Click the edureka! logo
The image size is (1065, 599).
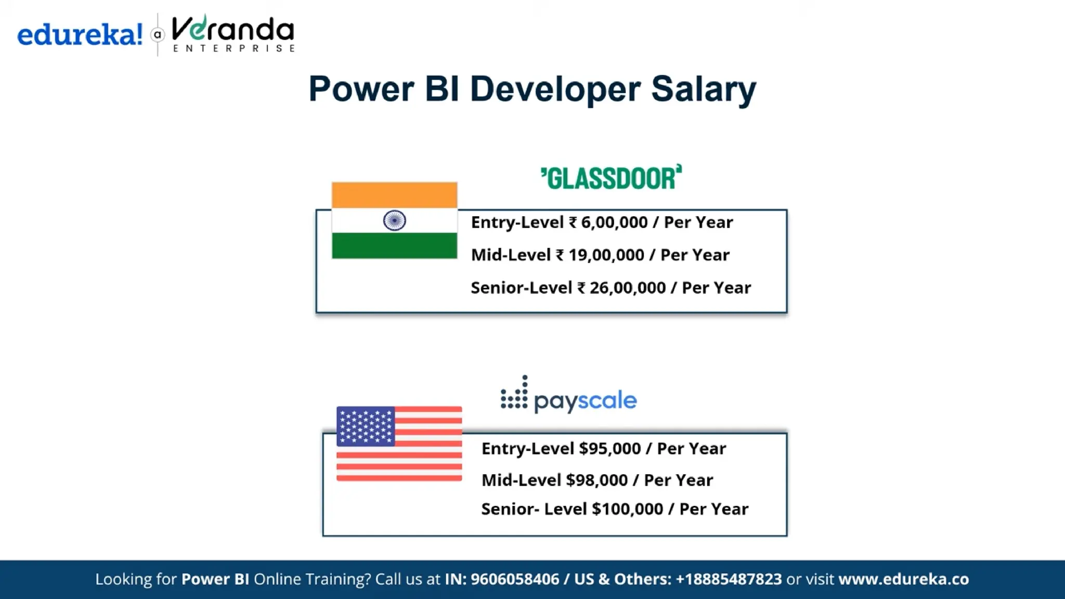[x=80, y=35]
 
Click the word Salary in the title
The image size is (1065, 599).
[x=704, y=89]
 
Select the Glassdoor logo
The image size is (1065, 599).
[x=611, y=178]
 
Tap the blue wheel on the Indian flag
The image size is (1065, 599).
[x=395, y=220]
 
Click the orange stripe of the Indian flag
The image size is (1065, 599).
[x=395, y=195]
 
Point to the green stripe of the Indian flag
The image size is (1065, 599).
[x=395, y=245]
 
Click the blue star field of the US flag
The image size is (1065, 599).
[x=366, y=426]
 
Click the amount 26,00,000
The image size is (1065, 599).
[x=628, y=288]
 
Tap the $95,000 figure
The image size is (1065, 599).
[x=609, y=449]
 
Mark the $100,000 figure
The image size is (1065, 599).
[x=627, y=509]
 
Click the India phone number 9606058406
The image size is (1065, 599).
[x=515, y=579]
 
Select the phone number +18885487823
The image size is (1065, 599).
[x=729, y=579]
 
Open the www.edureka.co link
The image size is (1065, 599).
[x=904, y=579]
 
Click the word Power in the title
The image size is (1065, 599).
[x=361, y=89]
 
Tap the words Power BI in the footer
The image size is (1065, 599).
[x=215, y=579]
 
